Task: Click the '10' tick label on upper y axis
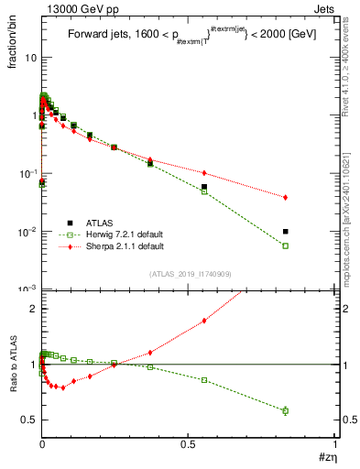30,57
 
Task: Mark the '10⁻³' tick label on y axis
27,289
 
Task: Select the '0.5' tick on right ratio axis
345,420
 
